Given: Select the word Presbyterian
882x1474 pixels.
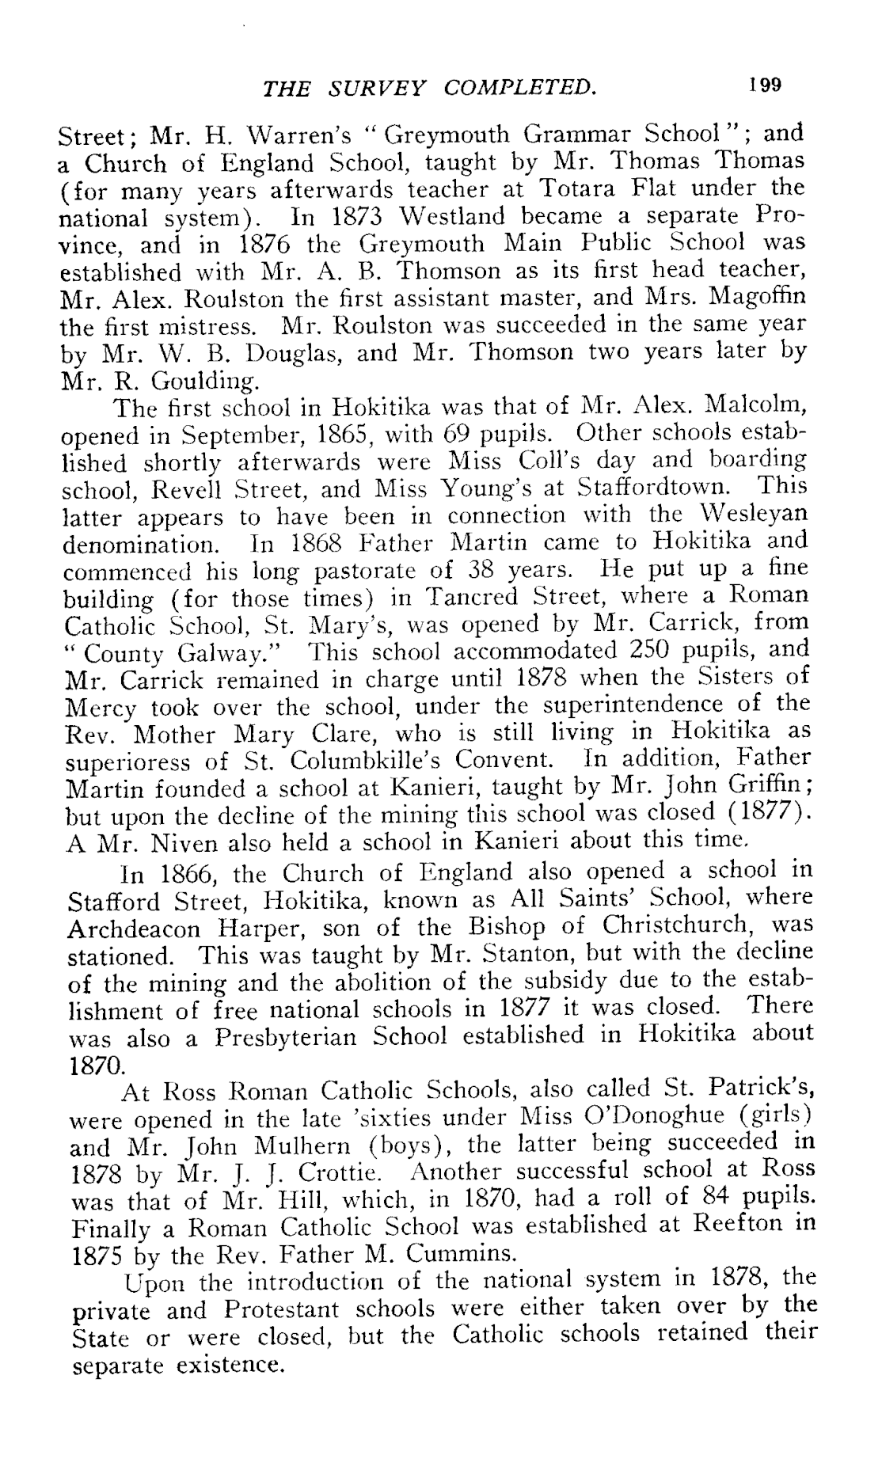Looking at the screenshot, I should (289, 1035).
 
